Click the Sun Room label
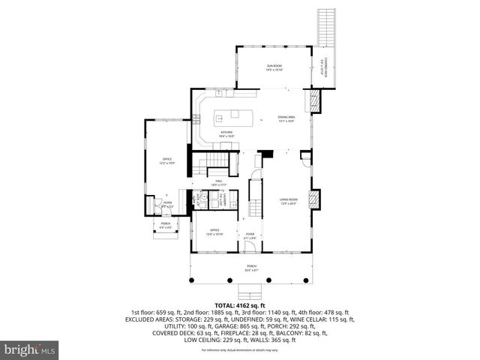point(274,67)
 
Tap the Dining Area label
point(286,118)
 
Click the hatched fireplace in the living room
point(314,200)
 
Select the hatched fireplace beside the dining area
point(315,100)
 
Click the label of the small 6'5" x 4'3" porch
point(165,224)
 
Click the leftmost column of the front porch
point(192,281)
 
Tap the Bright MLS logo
point(30,349)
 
